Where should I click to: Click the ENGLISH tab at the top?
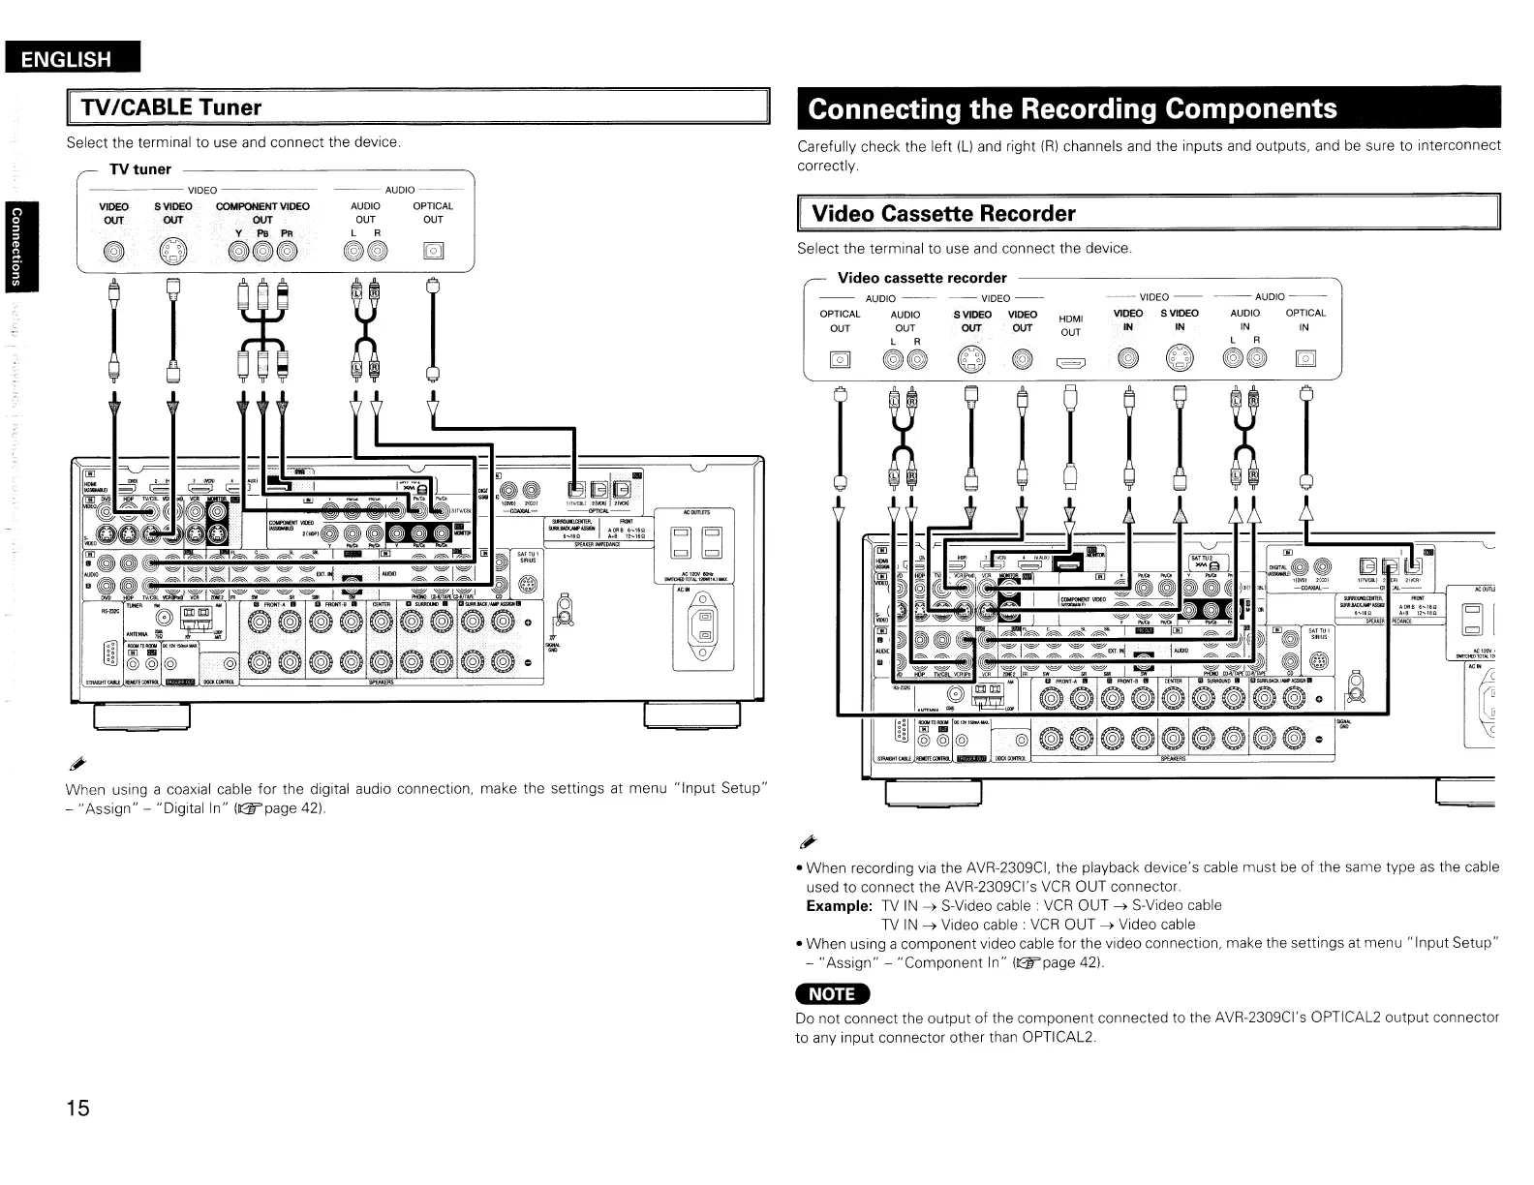(67, 59)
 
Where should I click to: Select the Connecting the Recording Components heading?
(1072, 107)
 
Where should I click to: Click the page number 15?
(77, 1109)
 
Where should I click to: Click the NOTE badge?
(832, 993)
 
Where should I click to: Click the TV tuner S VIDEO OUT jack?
(172, 253)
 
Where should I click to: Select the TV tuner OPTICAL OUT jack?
(433, 253)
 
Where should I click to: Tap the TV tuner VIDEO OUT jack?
(114, 253)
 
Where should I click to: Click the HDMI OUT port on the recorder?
(1069, 363)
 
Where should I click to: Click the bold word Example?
(839, 905)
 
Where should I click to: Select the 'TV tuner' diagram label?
(139, 169)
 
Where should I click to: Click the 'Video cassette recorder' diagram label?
(921, 278)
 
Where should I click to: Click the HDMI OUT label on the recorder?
(1069, 324)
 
